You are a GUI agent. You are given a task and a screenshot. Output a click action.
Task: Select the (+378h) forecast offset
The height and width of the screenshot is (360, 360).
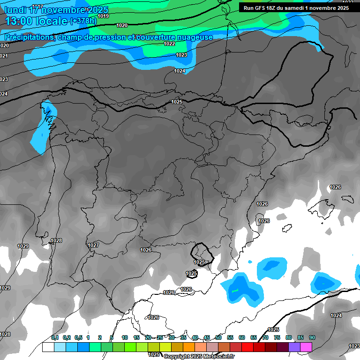83,21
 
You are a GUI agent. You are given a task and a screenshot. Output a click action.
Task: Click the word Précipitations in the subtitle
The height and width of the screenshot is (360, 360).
28,37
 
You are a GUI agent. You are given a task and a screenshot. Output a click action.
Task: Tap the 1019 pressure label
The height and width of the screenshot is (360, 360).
104,16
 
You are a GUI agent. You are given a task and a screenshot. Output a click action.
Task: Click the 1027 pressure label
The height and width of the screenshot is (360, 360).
93,245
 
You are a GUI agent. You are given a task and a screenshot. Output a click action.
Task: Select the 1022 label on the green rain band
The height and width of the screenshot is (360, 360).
169,44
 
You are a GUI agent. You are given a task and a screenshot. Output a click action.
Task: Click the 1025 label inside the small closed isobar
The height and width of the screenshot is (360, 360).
199,262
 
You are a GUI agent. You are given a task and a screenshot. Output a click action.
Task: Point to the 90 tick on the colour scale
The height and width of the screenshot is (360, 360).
312,337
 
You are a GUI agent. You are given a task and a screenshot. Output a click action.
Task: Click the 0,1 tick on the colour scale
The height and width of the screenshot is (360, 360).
54,337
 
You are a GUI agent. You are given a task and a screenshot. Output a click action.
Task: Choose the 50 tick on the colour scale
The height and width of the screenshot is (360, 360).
218,337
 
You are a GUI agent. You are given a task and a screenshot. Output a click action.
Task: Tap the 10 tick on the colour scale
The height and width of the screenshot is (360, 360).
125,337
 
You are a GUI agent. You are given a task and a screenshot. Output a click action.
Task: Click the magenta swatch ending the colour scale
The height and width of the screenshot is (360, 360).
306,347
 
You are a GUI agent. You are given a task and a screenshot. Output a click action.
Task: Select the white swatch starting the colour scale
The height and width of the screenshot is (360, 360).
48,347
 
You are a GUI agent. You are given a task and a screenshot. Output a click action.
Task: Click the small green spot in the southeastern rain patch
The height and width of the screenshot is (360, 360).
234,291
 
